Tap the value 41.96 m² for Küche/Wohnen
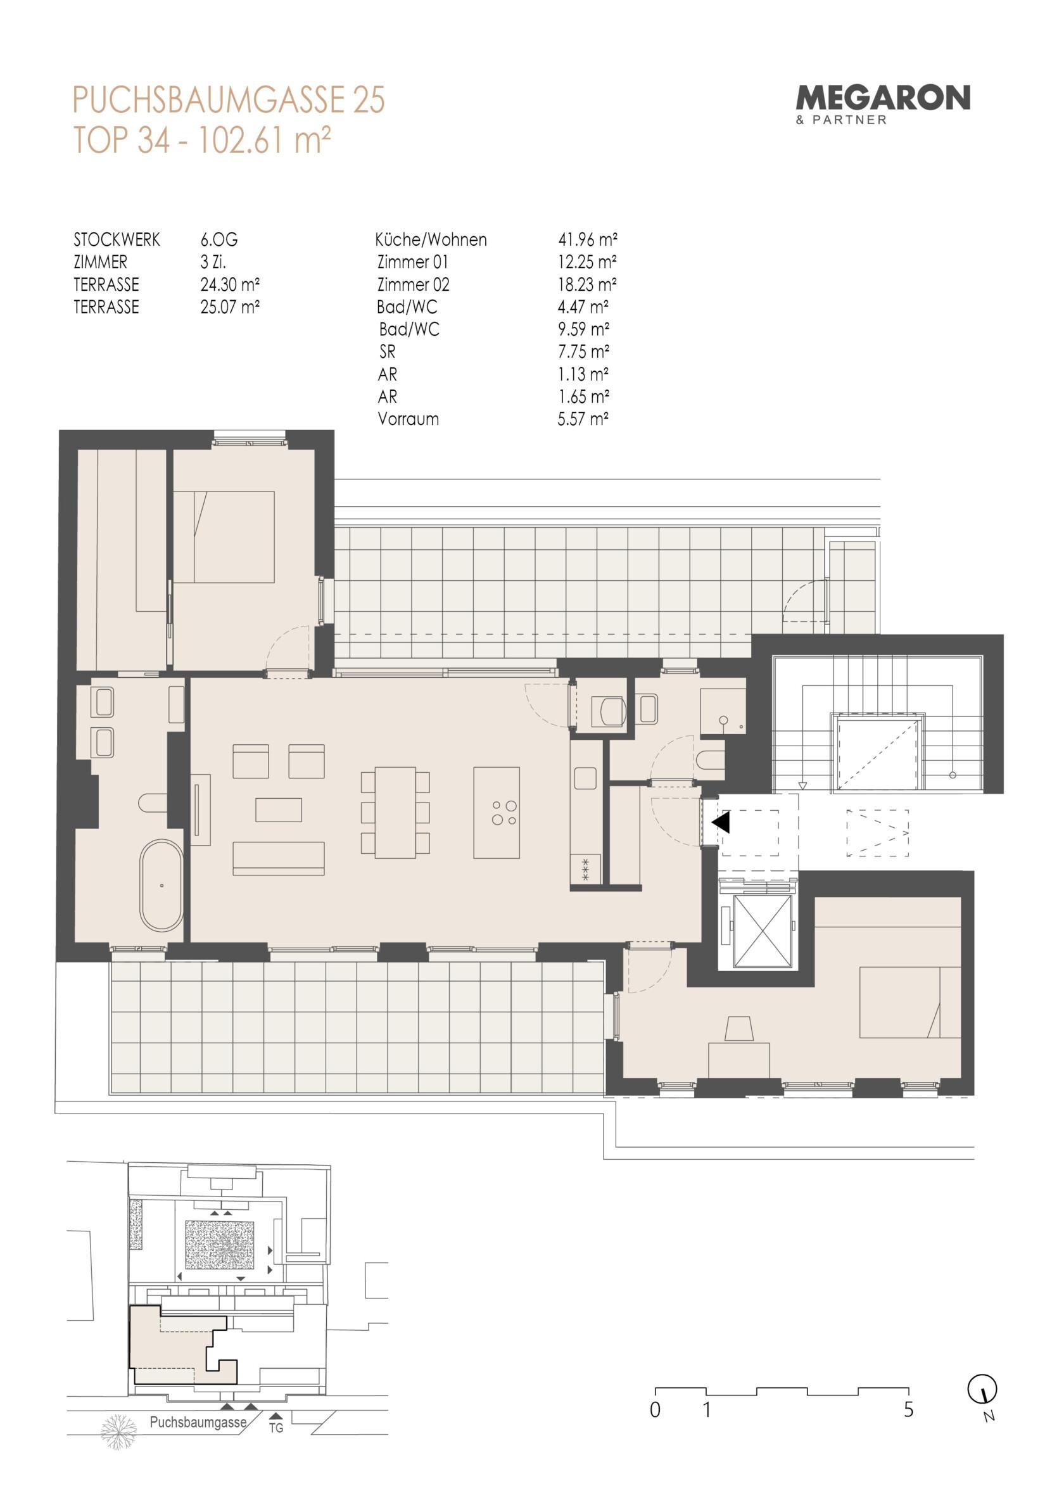587,240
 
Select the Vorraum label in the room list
408,419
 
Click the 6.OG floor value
219,240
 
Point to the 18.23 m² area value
587,284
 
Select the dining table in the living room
395,813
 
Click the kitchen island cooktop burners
504,813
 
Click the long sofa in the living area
279,859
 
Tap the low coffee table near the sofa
279,810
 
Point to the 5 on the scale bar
909,1409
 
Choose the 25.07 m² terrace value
230,307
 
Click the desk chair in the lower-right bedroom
739,1029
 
